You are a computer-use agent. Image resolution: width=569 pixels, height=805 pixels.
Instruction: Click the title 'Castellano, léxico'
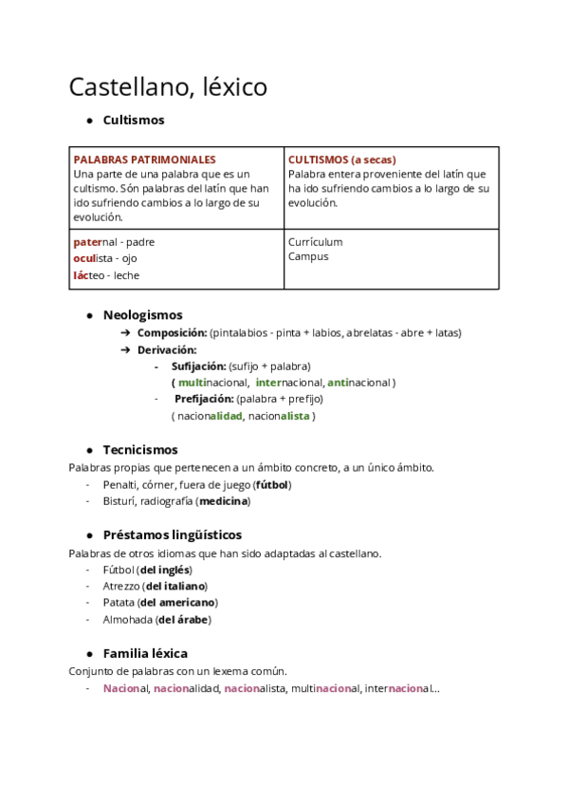168,87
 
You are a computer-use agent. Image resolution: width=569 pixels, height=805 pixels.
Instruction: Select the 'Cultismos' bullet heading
133,121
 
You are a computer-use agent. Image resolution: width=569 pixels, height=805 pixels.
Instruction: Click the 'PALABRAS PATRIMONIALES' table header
144,159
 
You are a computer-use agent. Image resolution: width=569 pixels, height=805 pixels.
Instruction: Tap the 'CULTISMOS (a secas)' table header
341,159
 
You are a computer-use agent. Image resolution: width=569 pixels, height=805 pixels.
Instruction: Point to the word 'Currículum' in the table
315,242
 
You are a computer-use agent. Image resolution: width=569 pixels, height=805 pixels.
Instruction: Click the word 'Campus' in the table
308,256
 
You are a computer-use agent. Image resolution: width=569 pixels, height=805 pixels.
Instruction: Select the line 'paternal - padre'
114,242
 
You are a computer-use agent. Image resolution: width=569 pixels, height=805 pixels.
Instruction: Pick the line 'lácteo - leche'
106,275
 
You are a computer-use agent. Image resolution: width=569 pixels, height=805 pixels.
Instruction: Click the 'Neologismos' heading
142,315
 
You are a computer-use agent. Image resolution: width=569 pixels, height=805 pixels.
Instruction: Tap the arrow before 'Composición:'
126,333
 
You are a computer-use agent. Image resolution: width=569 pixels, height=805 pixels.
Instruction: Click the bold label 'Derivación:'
167,349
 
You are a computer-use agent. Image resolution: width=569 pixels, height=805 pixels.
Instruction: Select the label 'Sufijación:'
198,365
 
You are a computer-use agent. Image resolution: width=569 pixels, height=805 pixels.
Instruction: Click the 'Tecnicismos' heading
139,450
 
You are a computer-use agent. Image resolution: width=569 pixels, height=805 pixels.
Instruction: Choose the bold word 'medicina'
224,500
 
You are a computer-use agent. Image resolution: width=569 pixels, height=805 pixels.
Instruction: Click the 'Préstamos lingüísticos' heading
172,534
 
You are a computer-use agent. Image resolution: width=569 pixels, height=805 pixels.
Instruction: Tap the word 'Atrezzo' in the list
120,586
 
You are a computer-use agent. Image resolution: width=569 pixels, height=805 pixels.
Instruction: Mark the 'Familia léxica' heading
145,653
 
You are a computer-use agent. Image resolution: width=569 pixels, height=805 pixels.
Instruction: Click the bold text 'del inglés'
165,570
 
